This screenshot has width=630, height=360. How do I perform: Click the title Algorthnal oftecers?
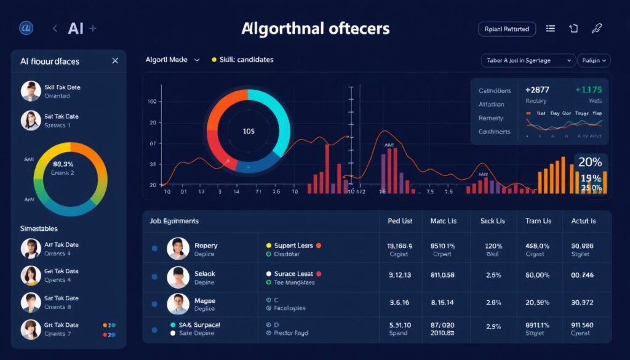316,28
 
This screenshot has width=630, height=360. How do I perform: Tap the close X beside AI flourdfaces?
115,61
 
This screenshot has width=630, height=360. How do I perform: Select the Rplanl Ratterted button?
507,28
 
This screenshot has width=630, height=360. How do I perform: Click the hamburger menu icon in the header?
550,28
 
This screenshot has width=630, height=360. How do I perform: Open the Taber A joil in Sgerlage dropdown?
528,60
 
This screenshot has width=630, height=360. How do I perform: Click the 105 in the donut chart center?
249,131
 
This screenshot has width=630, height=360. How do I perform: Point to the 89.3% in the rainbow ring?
63,164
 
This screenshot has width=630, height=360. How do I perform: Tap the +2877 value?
538,90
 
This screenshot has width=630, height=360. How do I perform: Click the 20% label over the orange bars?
590,162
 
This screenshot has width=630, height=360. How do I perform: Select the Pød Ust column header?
400,220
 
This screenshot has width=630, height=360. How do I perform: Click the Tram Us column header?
538,220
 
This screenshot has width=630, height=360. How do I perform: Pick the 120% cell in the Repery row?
494,246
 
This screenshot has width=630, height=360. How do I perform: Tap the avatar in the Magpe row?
178,304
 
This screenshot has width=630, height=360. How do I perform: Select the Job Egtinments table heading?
174,220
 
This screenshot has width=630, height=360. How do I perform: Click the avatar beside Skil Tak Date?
31,91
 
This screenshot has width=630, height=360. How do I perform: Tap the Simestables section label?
39,228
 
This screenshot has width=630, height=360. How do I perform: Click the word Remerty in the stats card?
491,118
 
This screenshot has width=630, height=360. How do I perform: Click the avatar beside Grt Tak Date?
31,329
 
